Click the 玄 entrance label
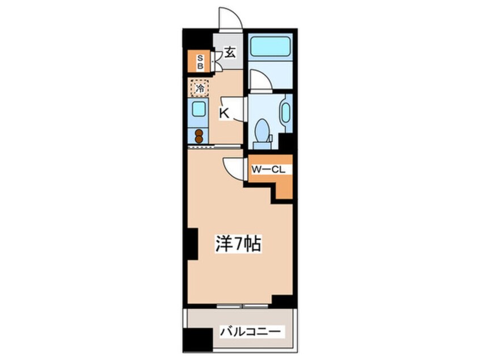click(x=229, y=53)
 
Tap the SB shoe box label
click(x=200, y=61)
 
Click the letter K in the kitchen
click(x=224, y=114)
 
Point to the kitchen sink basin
click(x=199, y=109)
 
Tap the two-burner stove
click(x=199, y=136)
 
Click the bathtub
click(x=270, y=45)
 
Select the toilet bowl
click(x=263, y=130)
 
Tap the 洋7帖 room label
click(x=237, y=244)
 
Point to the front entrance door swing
click(x=230, y=19)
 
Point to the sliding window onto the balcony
click(x=241, y=307)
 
